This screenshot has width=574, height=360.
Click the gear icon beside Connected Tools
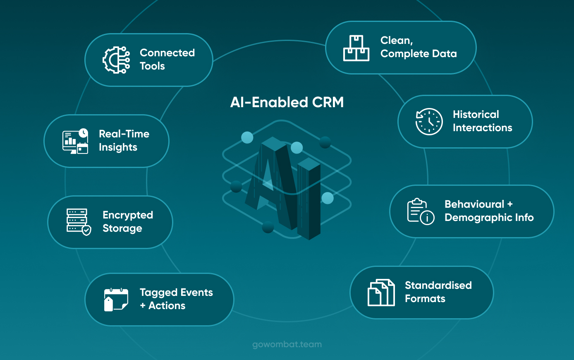click(116, 60)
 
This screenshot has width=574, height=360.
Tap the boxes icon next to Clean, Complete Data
click(356, 48)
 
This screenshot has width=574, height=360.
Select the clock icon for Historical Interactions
click(429, 122)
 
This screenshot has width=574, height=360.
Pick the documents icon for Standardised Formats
click(381, 293)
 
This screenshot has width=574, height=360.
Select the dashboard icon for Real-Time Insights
click(75, 141)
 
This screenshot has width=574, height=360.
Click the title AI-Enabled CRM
click(287, 102)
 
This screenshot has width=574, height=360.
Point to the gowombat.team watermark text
click(287, 344)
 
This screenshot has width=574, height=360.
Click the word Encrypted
click(128, 215)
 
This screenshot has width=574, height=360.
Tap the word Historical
click(476, 115)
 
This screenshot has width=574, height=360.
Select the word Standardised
click(438, 285)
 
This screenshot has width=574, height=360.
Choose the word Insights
click(118, 147)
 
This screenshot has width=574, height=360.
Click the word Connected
click(167, 53)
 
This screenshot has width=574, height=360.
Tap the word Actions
click(167, 306)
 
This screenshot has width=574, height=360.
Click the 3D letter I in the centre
click(309, 199)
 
